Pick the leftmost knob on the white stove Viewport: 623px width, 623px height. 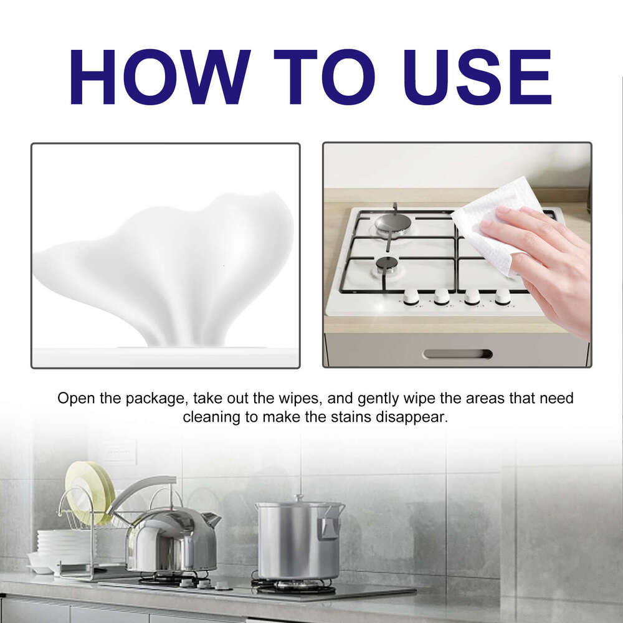pyautogui.click(x=411, y=297)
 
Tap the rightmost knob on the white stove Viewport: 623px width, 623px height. pyautogui.click(x=503, y=297)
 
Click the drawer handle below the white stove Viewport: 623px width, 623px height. pyautogui.click(x=457, y=354)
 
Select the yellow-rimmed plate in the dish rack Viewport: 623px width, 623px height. pyautogui.click(x=90, y=492)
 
